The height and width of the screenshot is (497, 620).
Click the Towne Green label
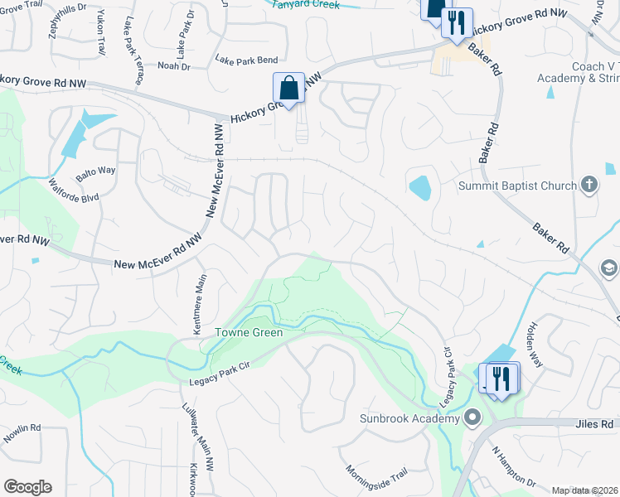click(x=249, y=333)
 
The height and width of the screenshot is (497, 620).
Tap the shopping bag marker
click(x=288, y=87)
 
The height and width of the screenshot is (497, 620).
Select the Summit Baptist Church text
click(x=517, y=186)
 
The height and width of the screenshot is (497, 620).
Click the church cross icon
click(x=589, y=185)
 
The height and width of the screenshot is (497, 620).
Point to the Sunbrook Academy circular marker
click(x=472, y=417)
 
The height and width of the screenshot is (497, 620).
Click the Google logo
click(x=27, y=487)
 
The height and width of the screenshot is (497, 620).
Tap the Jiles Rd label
click(x=596, y=423)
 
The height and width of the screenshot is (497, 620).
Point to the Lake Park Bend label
click(x=246, y=60)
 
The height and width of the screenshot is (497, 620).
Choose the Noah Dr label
click(x=173, y=65)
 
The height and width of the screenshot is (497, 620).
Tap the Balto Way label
click(x=95, y=171)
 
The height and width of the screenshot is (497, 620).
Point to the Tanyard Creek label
click(x=308, y=3)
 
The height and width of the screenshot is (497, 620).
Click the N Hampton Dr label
click(x=514, y=467)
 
